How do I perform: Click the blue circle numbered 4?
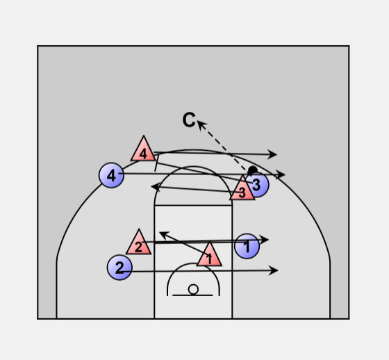pyautogui.click(x=111, y=175)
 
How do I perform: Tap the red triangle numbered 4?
pyautogui.click(x=143, y=149)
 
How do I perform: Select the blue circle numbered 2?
pyautogui.click(x=119, y=268)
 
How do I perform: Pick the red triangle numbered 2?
pyautogui.click(x=139, y=243)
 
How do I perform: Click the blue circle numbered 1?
pyautogui.click(x=247, y=246)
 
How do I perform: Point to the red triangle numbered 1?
pyautogui.click(x=209, y=254)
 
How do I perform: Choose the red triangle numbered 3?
pyautogui.click(x=242, y=188)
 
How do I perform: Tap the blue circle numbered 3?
pyautogui.click(x=257, y=184)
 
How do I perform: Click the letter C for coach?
pyautogui.click(x=189, y=120)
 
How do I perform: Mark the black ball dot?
pyautogui.click(x=253, y=170)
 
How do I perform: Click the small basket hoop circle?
pyautogui.click(x=193, y=290)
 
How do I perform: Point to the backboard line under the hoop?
pyautogui.click(x=192, y=295)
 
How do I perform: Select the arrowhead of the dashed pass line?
pyautogui.click(x=201, y=124)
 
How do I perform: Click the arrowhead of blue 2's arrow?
pyautogui.click(x=274, y=270)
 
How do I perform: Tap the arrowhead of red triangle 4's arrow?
pyautogui.click(x=272, y=154)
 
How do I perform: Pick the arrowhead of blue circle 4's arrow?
pyautogui.click(x=281, y=174)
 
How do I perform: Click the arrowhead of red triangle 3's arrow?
pyautogui.click(x=156, y=187)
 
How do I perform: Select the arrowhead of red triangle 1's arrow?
pyautogui.click(x=163, y=234)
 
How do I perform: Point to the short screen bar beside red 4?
pyautogui.click(x=157, y=163)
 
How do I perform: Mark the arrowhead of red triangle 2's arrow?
pyautogui.click(x=264, y=240)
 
